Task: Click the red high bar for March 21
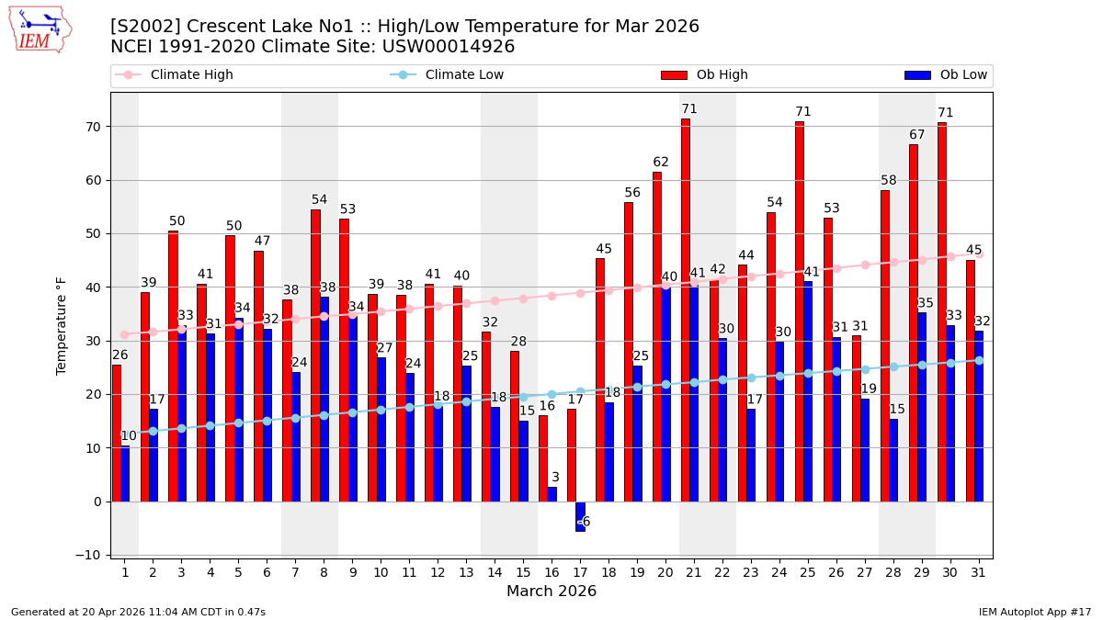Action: click(685, 310)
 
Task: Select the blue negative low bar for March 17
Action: click(580, 516)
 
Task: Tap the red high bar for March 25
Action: click(799, 310)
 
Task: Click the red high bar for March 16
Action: click(542, 458)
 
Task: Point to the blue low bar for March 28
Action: click(893, 460)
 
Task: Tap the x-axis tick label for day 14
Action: click(495, 572)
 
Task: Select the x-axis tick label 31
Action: click(979, 572)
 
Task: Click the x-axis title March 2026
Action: click(551, 592)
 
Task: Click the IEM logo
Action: click(40, 29)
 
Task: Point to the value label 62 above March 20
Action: click(661, 163)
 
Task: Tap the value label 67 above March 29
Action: click(917, 135)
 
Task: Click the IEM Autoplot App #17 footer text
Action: click(1034, 612)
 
